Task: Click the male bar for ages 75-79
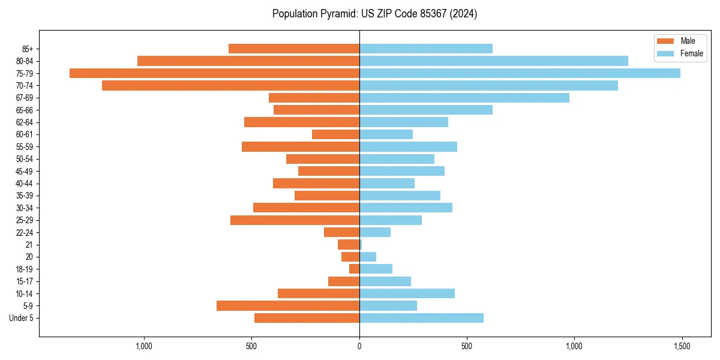pos(214,73)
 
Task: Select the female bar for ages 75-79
pos(520,73)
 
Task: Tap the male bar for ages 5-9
pos(288,305)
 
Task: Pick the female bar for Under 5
pos(421,318)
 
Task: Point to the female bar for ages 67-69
pos(464,98)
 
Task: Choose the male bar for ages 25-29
pos(295,220)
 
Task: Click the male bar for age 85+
pos(294,49)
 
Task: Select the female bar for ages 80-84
pos(494,61)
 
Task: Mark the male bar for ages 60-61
pos(335,134)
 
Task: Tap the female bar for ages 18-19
pos(376,269)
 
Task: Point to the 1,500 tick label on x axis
pos(682,347)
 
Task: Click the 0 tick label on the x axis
pos(359,347)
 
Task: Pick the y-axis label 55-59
pos(25,147)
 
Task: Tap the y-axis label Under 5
pos(21,318)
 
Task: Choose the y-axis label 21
pos(29,245)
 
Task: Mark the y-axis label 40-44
pos(25,184)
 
